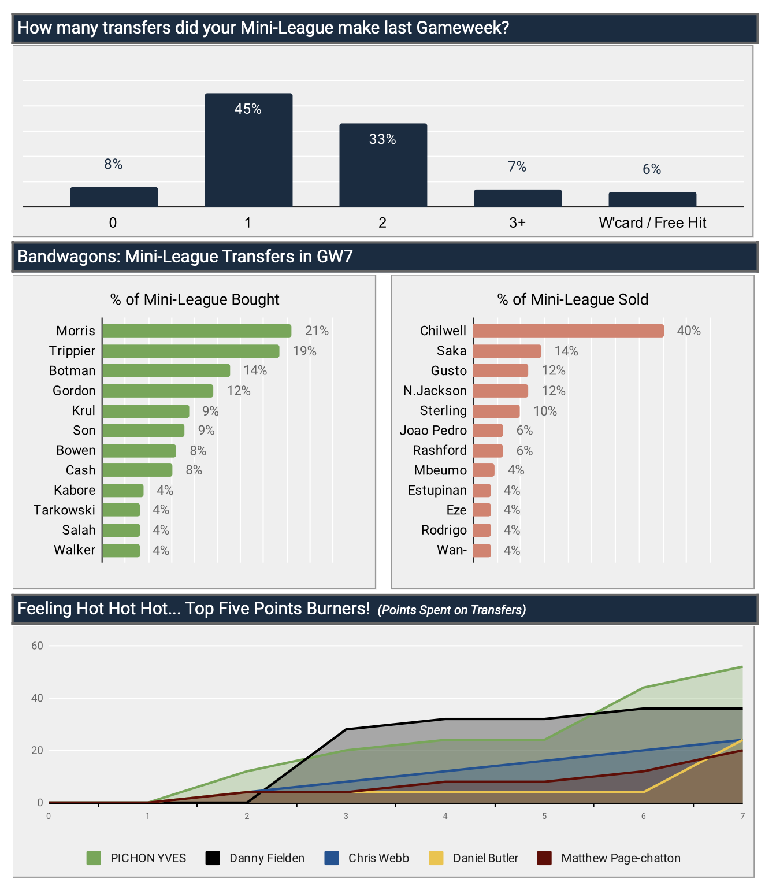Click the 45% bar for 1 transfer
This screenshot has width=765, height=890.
pyautogui.click(x=248, y=150)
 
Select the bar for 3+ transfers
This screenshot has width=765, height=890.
pyautogui.click(x=518, y=198)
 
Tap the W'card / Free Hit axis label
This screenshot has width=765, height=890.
pyautogui.click(x=652, y=223)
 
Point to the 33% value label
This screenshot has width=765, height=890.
pyautogui.click(x=382, y=139)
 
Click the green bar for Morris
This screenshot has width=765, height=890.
pyautogui.click(x=196, y=331)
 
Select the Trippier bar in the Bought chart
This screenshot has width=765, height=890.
pyautogui.click(x=191, y=351)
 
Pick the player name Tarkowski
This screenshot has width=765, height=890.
pyautogui.click(x=64, y=510)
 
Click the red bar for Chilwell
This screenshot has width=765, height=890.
pyautogui.click(x=568, y=331)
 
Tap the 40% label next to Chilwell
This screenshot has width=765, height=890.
pyautogui.click(x=689, y=331)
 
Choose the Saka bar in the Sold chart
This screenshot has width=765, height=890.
pyautogui.click(x=507, y=351)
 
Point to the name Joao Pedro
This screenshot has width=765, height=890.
pyautogui.click(x=433, y=431)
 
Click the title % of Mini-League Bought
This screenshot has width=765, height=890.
pyautogui.click(x=195, y=299)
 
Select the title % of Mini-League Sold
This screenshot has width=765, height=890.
pyautogui.click(x=573, y=299)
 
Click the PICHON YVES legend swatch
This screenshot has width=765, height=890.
pyautogui.click(x=94, y=858)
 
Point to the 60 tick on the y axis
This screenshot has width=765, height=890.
pyautogui.click(x=38, y=646)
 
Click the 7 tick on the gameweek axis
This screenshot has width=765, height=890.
pyautogui.click(x=742, y=816)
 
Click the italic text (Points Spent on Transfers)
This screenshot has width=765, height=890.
pyautogui.click(x=452, y=610)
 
